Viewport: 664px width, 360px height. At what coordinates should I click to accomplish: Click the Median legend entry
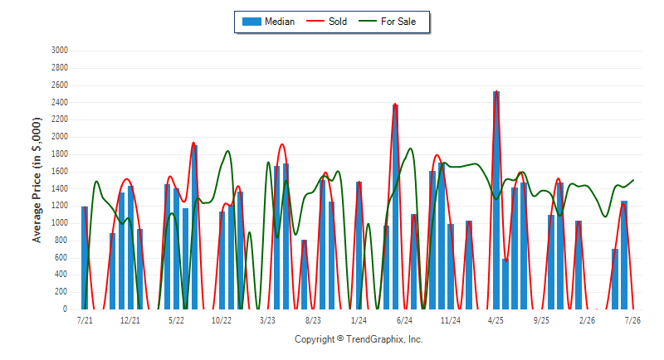[268, 22]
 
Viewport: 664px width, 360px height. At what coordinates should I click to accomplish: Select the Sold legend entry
[326, 22]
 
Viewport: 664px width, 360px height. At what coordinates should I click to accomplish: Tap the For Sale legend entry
[388, 22]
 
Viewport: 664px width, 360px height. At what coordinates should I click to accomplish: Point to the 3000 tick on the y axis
[60, 51]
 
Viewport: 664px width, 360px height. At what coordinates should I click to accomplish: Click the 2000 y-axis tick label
[60, 137]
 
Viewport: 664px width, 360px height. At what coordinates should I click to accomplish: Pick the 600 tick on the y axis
[61, 258]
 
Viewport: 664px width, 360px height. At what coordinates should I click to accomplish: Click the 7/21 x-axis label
[85, 320]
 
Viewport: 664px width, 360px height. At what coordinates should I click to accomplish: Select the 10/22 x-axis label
[222, 320]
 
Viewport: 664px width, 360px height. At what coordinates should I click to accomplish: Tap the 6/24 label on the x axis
[404, 320]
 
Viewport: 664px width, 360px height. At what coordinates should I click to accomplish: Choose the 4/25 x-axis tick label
[496, 320]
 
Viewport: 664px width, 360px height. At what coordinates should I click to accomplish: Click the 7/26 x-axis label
[632, 320]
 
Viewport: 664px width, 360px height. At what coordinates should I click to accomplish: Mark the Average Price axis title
[37, 180]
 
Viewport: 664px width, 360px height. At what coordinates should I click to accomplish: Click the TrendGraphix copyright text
[359, 339]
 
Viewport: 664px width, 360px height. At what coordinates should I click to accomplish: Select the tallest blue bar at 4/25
[496, 200]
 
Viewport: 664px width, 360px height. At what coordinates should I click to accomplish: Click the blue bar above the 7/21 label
[85, 258]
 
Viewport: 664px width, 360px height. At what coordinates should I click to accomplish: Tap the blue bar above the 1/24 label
[359, 246]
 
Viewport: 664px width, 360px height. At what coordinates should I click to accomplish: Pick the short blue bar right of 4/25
[505, 285]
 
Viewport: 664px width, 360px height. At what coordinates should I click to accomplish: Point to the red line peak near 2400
[395, 104]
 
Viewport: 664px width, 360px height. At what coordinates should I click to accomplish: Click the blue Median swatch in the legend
[251, 22]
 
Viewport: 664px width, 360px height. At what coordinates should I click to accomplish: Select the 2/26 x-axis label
[587, 320]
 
